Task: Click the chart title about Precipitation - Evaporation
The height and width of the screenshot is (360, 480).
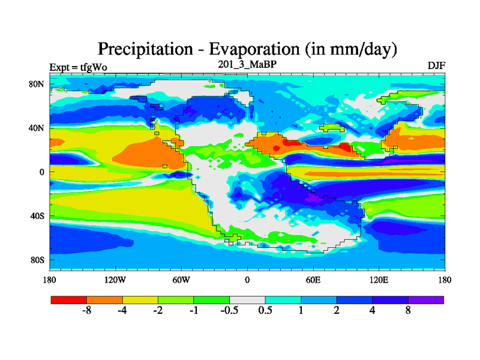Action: [x=248, y=48]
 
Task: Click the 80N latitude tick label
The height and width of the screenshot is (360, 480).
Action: [x=37, y=83]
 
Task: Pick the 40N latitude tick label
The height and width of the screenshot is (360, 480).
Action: [x=37, y=128]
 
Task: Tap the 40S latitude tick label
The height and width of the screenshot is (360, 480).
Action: [x=37, y=216]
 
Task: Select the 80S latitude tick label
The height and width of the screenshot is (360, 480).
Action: [x=37, y=260]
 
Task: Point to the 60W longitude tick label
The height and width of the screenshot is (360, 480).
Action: [x=181, y=280]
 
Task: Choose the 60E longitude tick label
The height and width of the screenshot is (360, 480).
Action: [x=313, y=280]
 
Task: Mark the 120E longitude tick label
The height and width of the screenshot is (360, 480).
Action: [x=379, y=280]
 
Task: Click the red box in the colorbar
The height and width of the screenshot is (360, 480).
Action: [x=69, y=299]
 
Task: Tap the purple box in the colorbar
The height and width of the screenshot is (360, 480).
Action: [x=426, y=299]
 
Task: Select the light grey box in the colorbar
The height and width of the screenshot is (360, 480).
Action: [x=247, y=299]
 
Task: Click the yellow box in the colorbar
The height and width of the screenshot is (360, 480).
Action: [x=140, y=299]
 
